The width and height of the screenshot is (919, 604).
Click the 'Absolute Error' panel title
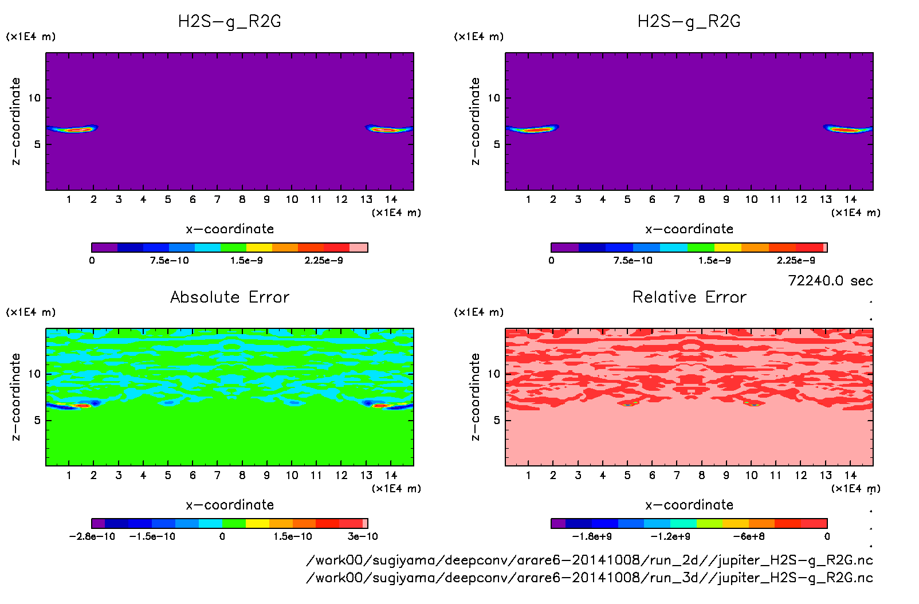[230, 297]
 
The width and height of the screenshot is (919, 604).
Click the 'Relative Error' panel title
[689, 297]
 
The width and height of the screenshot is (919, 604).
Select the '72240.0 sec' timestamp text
[830, 281]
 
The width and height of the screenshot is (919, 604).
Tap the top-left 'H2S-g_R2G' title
[230, 22]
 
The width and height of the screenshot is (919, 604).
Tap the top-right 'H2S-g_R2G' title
[689, 22]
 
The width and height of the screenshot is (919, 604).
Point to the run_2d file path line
[590, 560]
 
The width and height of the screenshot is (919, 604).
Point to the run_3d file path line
[590, 578]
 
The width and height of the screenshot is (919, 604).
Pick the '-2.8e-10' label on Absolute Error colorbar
[92, 537]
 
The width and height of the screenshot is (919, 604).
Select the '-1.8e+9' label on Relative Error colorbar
[592, 537]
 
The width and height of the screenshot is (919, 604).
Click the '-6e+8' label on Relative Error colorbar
[749, 537]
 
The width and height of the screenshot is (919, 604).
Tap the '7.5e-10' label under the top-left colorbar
[169, 261]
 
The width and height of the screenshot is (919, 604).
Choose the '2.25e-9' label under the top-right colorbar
[796, 261]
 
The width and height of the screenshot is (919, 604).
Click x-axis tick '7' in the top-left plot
[217, 200]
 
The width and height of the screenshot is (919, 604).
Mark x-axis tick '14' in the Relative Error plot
[850, 476]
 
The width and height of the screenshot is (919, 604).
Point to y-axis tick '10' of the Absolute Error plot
[35, 374]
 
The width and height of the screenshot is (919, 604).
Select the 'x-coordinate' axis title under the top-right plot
[689, 229]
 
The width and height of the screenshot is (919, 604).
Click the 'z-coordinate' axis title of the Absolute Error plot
[16, 397]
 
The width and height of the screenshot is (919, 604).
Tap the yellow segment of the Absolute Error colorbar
[257, 523]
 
